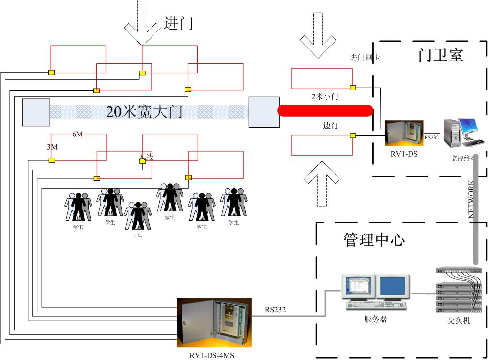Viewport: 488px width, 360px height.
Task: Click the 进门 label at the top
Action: pos(178,24)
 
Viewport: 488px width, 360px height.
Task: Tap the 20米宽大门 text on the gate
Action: pos(144,112)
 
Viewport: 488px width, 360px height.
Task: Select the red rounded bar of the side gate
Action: pos(325,110)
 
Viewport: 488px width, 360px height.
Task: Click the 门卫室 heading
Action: pos(441,55)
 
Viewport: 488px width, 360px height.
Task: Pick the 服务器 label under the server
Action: pos(375,319)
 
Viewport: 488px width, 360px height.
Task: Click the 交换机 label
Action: pos(459,321)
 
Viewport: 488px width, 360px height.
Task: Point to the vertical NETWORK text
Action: pos(471,199)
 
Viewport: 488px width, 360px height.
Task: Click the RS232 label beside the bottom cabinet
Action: pos(275,309)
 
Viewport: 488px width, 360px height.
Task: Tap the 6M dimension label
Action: pos(77,134)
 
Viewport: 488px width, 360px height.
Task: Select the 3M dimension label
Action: pos(52,146)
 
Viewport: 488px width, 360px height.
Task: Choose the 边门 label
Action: pos(330,126)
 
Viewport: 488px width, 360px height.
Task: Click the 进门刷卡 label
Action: pos(365,57)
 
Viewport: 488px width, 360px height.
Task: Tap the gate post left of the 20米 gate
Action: pos(36,112)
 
